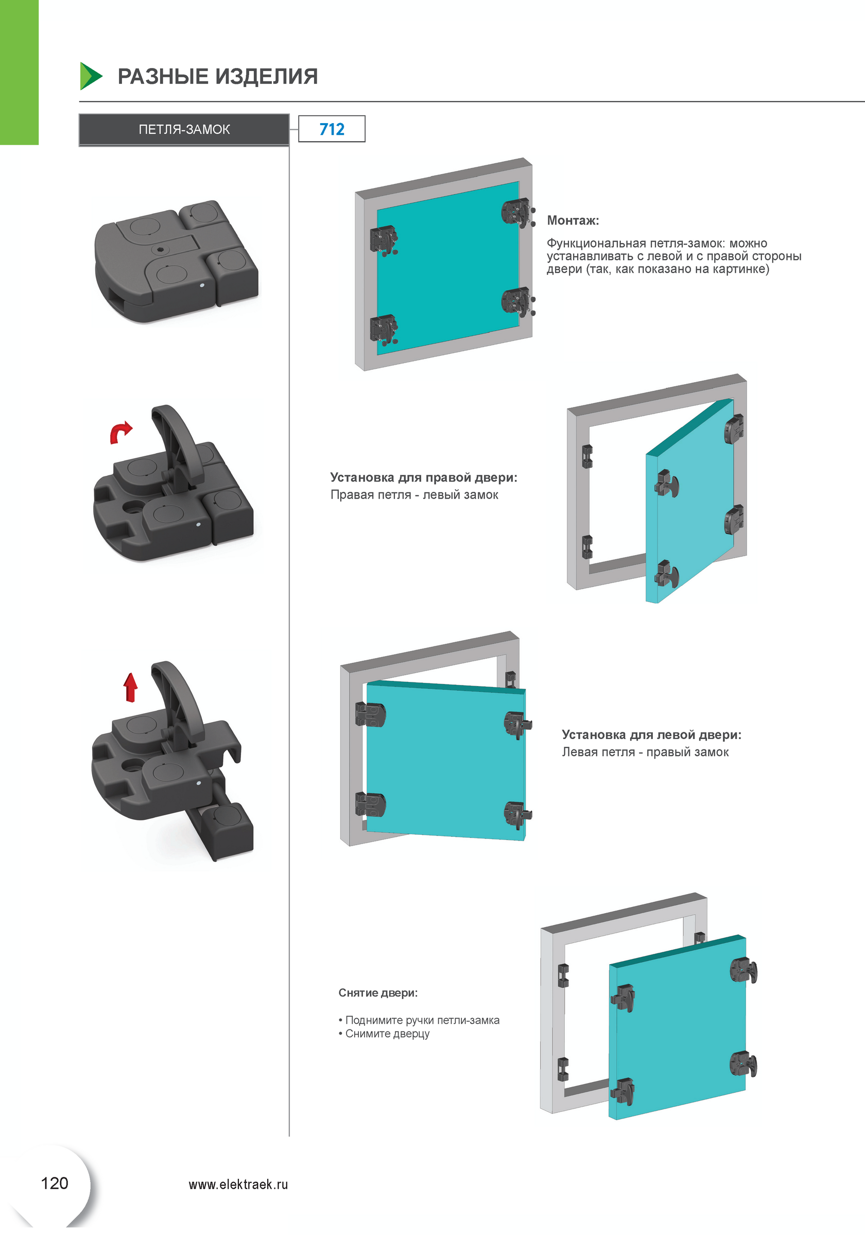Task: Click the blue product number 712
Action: click(332, 129)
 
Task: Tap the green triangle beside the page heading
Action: click(90, 76)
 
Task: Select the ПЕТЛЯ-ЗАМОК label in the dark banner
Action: click(184, 130)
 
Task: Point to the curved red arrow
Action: click(120, 432)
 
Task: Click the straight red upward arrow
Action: click(130, 687)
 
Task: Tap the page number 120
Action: click(54, 1183)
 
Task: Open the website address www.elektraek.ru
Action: click(238, 1184)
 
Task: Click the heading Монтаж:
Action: click(573, 220)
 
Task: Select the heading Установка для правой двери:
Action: click(424, 477)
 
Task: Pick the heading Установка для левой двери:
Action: click(651, 734)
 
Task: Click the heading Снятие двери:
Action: click(378, 992)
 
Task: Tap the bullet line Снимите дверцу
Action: click(387, 1033)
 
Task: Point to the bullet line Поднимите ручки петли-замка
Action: click(422, 1020)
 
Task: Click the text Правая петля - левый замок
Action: click(414, 494)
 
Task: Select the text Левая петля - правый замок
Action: click(645, 751)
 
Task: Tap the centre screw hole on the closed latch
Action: click(160, 250)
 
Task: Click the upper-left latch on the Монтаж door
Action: click(383, 240)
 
